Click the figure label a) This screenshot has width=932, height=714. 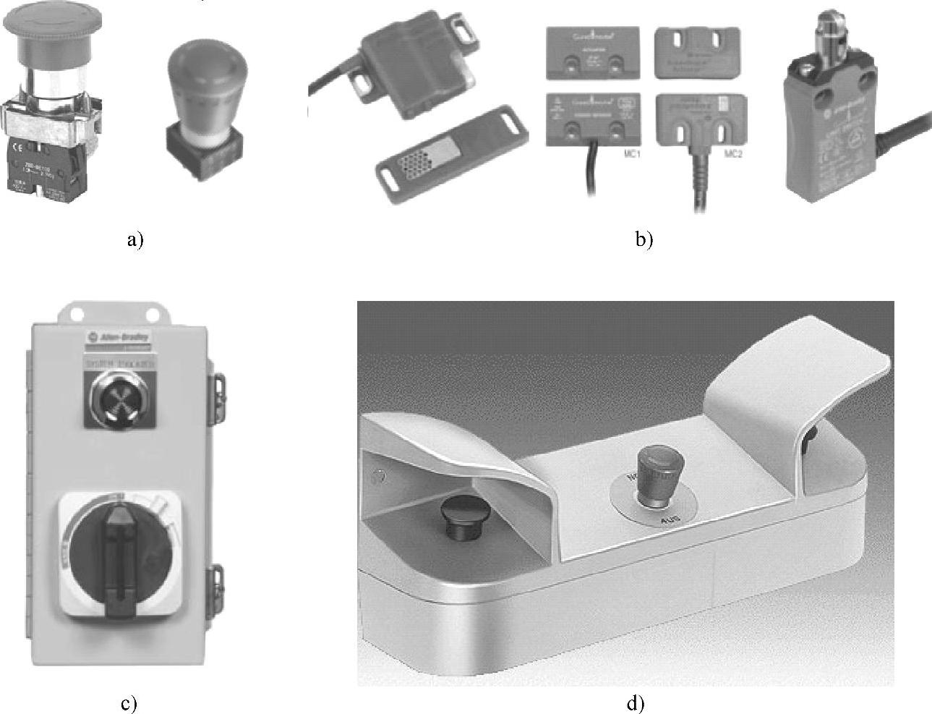click(x=135, y=240)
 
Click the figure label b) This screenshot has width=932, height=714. click(x=644, y=240)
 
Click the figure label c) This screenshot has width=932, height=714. click(x=129, y=703)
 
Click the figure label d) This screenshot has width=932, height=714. click(x=635, y=703)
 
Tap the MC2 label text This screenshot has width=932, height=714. click(x=732, y=154)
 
